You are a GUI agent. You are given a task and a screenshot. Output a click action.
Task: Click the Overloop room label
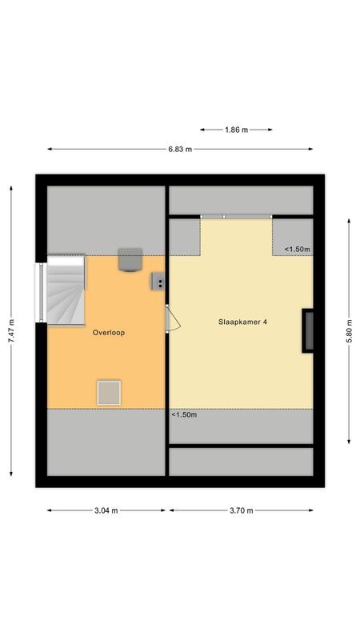108,332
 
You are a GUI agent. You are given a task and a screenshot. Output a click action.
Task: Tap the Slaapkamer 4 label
243,322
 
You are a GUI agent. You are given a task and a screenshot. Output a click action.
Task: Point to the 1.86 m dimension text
236,128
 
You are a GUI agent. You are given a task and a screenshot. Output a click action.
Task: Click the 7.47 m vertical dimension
11,328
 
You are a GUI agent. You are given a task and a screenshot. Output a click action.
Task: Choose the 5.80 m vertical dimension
349,328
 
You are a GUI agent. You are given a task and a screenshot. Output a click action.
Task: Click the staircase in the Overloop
66,290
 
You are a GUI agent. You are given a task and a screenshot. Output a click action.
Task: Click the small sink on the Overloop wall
158,281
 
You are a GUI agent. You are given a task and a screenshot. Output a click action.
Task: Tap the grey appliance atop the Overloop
130,260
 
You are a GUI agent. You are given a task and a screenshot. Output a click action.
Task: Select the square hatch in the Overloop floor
109,392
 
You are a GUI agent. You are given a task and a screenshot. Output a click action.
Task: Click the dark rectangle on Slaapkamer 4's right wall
306,330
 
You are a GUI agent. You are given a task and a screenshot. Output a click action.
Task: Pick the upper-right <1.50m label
298,250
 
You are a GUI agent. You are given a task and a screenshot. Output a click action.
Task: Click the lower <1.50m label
184,414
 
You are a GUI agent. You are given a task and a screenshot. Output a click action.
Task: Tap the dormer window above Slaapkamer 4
236,216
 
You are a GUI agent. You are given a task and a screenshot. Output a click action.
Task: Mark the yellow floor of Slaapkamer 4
240,368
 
